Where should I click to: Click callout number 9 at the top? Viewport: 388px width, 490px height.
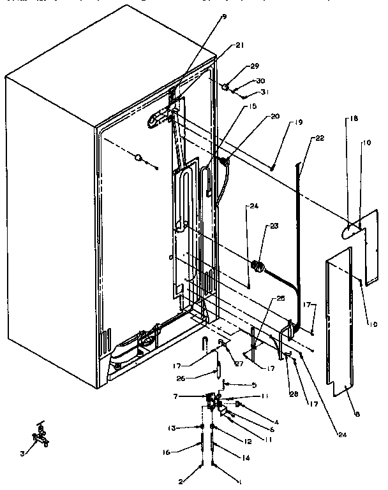click(223, 17)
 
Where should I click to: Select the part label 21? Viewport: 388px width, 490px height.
click(240, 45)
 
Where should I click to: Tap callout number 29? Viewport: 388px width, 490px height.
click(255, 66)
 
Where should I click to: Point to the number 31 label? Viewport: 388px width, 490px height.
click(264, 92)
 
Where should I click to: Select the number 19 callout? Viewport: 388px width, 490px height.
click(299, 122)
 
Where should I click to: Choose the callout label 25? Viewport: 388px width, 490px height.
click(281, 298)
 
